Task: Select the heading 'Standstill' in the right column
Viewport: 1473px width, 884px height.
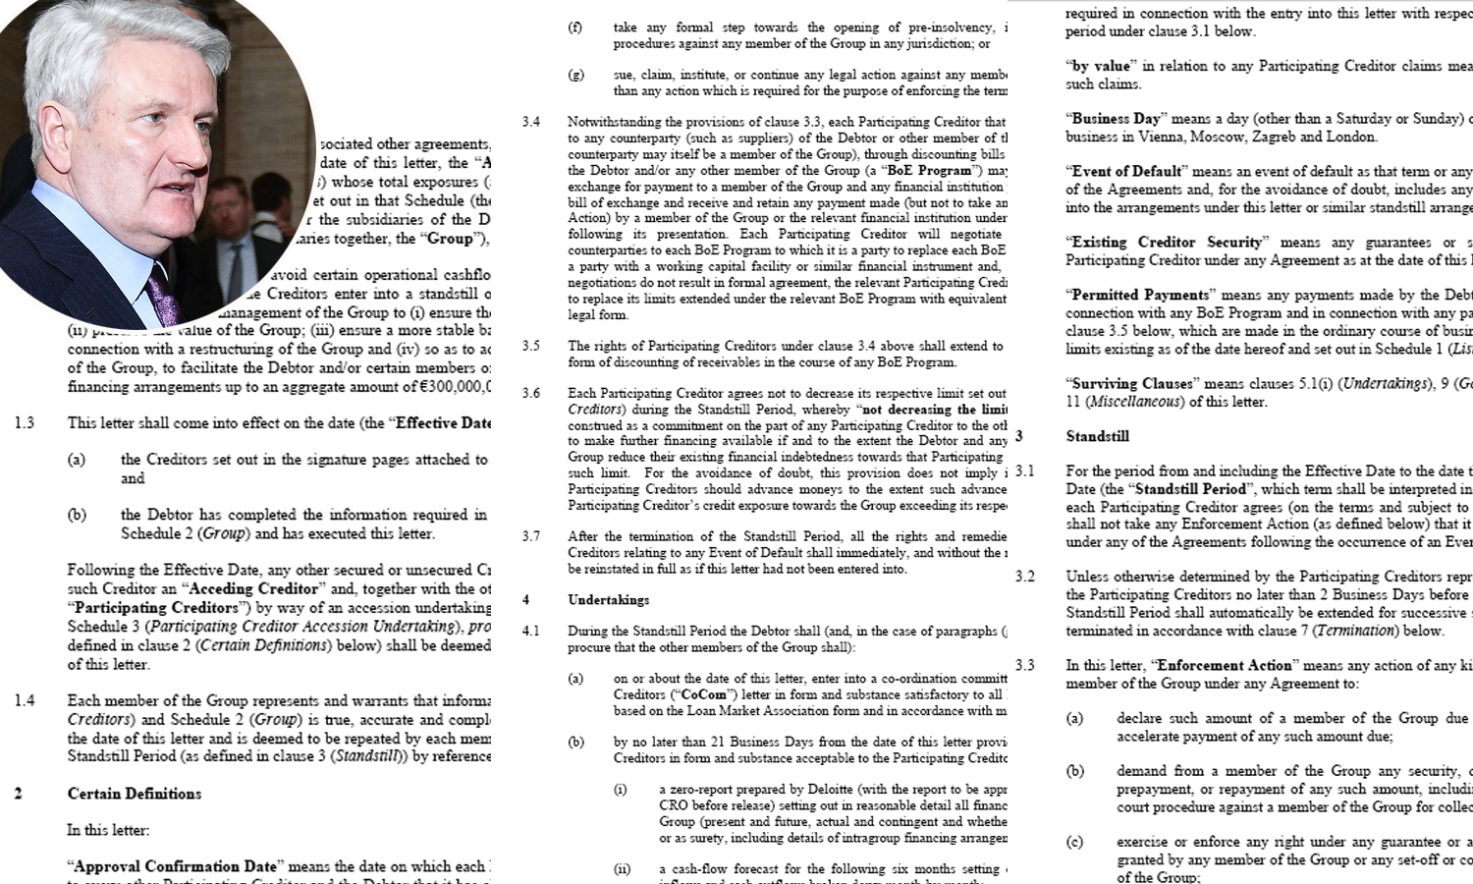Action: pyautogui.click(x=1097, y=436)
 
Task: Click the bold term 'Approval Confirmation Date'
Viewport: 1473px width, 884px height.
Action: pyautogui.click(x=176, y=866)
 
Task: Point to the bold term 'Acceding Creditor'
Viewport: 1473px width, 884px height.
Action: pyautogui.click(x=253, y=589)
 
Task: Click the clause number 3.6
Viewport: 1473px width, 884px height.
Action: pyautogui.click(x=531, y=393)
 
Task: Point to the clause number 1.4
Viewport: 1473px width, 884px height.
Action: pyautogui.click(x=25, y=700)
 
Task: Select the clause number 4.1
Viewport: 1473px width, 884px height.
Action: pyautogui.click(x=530, y=631)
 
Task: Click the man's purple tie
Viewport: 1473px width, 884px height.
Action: pyautogui.click(x=161, y=295)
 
